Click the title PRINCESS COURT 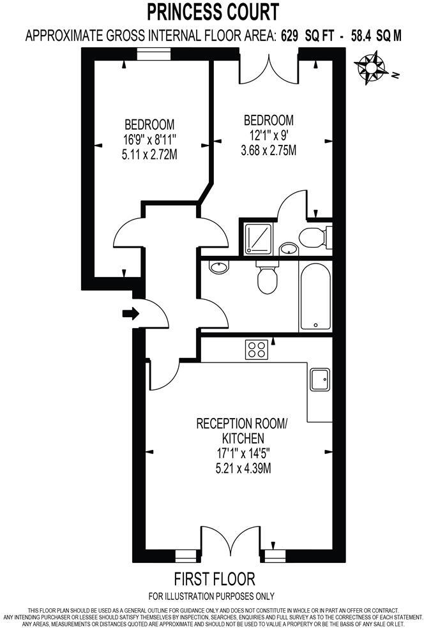click(213, 11)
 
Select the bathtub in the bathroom click(315, 296)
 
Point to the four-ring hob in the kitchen click(257, 349)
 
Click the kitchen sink click(320, 380)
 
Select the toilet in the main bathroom click(265, 276)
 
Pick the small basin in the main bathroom click(219, 267)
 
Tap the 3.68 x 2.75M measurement click(269, 151)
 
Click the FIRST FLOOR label click(215, 579)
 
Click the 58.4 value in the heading click(361, 36)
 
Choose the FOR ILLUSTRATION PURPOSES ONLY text click(212, 597)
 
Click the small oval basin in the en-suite click(289, 248)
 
